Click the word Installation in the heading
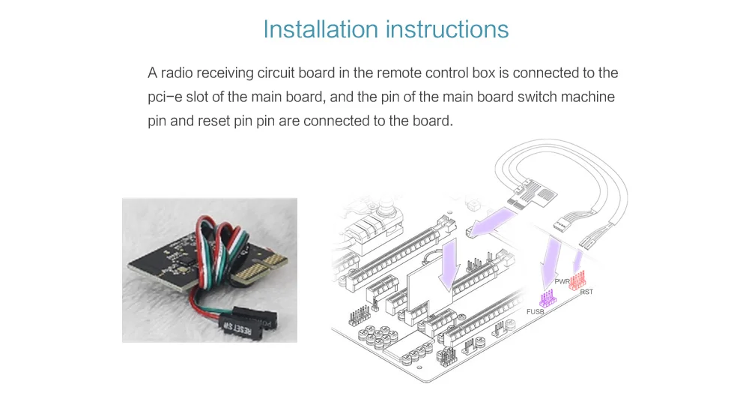pos(321,29)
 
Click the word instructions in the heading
pos(448,29)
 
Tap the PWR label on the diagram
pos(562,281)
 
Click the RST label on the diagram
pos(586,292)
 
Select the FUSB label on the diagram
pos(535,311)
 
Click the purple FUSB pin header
pos(548,298)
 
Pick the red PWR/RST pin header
pos(577,280)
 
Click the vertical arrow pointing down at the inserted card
pos(449,265)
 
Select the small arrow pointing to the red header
pos(577,262)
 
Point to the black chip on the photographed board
pos(187,261)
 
